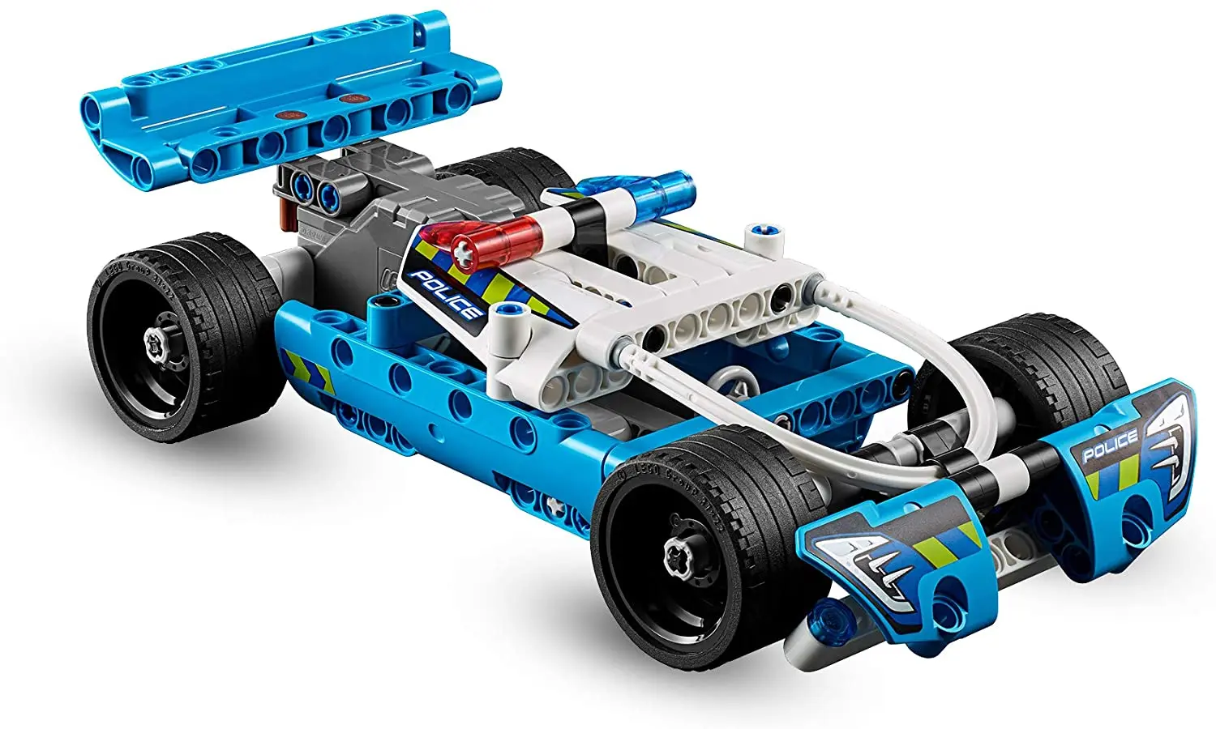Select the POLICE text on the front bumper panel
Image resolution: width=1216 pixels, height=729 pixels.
[x=1110, y=446]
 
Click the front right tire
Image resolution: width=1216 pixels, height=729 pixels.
[x=1046, y=356]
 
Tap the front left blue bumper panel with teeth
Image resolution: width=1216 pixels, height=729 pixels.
[x=892, y=559]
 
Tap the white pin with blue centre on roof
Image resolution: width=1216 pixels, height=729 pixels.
[x=764, y=234]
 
